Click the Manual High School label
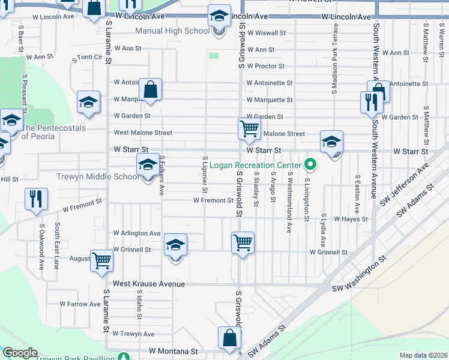tap(172, 31)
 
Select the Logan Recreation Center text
tap(259, 165)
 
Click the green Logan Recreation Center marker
tap(310, 163)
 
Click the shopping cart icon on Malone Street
tap(249, 128)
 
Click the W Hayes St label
tap(351, 220)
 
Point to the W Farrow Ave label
tap(79, 304)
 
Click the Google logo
tap(20, 353)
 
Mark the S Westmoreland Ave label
tap(289, 202)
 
